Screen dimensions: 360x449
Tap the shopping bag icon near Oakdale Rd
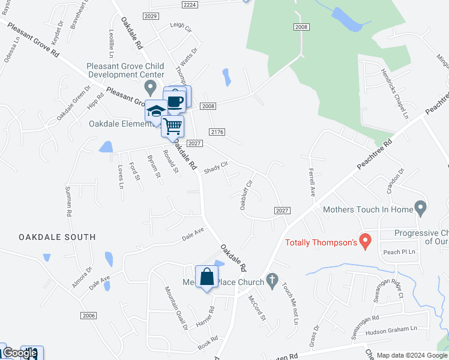(x=206, y=277)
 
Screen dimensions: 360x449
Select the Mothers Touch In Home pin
(x=420, y=208)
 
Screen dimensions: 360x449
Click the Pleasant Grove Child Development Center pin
(x=151, y=87)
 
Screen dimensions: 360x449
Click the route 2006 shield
(x=88, y=315)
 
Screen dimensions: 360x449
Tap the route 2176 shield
(x=217, y=132)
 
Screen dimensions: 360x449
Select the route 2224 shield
(x=189, y=4)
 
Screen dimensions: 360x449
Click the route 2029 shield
(x=151, y=16)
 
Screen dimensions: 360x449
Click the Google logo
(x=19, y=353)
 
